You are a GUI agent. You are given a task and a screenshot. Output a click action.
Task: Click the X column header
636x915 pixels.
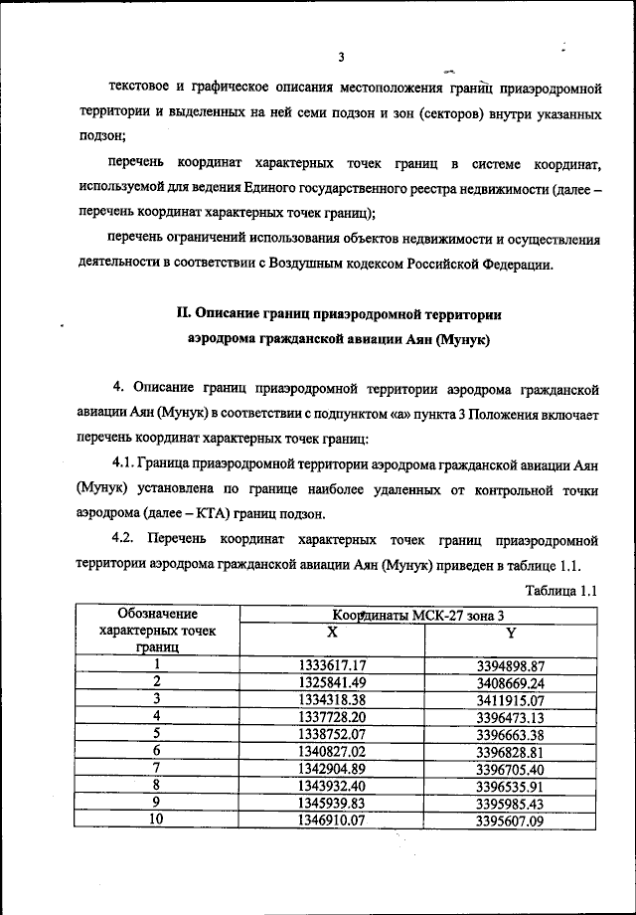[x=332, y=632]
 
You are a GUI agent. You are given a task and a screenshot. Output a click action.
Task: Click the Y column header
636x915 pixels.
[x=511, y=632]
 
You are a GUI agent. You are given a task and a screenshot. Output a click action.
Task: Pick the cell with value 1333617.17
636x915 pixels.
[x=333, y=665]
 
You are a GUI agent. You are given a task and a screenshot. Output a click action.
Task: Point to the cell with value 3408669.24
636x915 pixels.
[x=511, y=682]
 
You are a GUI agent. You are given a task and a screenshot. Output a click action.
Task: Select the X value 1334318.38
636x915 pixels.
[x=333, y=699]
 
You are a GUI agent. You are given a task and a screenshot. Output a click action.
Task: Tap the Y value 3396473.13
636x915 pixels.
[x=511, y=716]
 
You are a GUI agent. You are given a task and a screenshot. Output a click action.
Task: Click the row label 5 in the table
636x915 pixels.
[x=156, y=733]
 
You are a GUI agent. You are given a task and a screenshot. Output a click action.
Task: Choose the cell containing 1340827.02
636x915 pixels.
[x=333, y=750]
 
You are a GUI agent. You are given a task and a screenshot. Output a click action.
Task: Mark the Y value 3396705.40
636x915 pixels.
[x=511, y=768]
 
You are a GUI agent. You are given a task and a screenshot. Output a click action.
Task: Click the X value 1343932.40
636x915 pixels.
[x=333, y=785]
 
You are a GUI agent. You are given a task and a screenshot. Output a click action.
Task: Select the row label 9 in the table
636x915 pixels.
[x=156, y=802]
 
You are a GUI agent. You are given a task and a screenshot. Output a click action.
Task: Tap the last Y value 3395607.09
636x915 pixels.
[x=511, y=820]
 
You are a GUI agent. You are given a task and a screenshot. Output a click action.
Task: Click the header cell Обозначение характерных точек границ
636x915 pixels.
[x=157, y=631]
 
